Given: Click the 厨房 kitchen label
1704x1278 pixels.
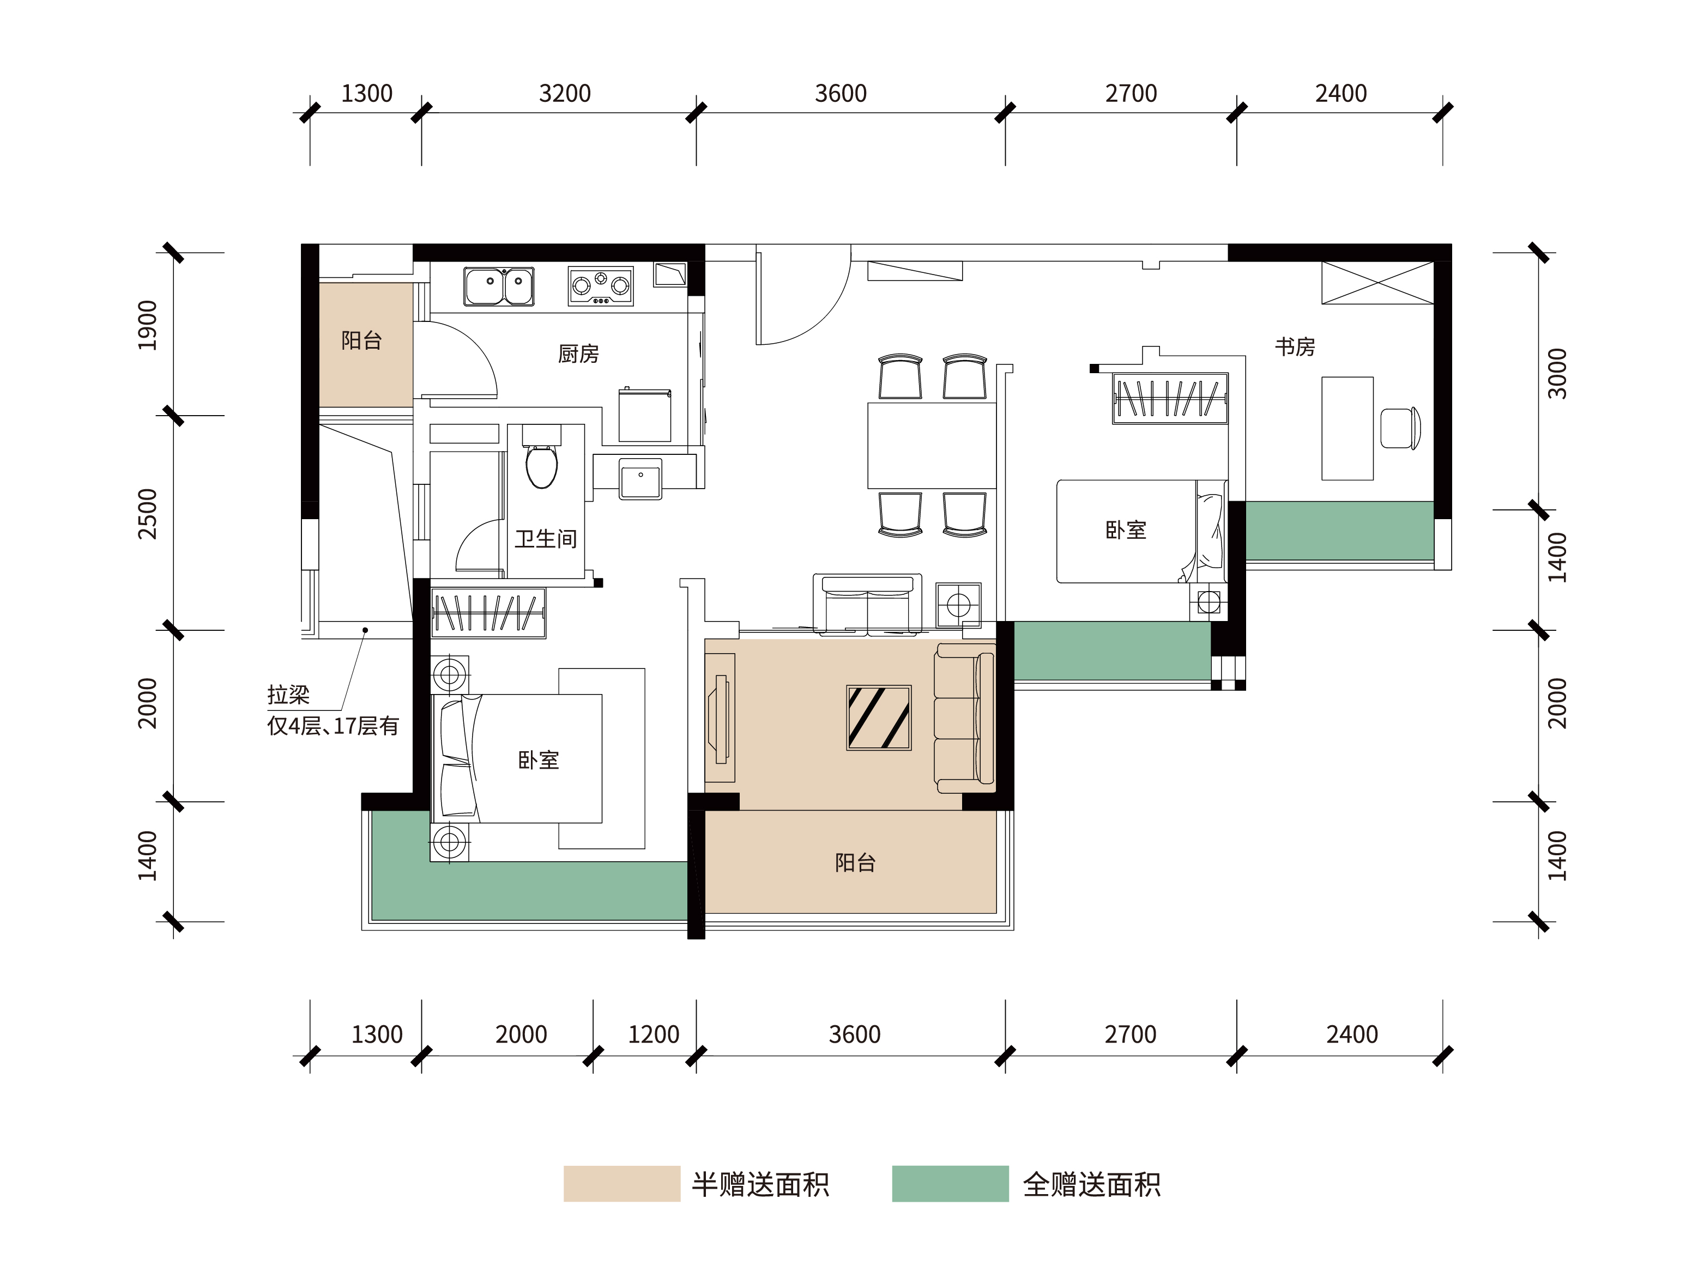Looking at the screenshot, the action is (578, 354).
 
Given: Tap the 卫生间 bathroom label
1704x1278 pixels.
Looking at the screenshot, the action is (546, 538).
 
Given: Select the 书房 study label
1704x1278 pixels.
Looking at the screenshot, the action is (1295, 346).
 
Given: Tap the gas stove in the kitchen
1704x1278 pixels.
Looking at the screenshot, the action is (601, 287).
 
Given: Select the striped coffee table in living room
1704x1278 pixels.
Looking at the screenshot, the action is (879, 717).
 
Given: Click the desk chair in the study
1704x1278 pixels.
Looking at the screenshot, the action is (1400, 428).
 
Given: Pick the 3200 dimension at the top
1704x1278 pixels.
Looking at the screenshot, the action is (565, 93).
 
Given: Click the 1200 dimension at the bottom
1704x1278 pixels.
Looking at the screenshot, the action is (653, 1034).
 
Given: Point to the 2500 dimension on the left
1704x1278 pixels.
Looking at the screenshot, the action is (147, 514).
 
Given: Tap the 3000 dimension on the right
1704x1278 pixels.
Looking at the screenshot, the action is (1557, 373).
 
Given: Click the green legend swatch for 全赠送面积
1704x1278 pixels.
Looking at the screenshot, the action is (950, 1183).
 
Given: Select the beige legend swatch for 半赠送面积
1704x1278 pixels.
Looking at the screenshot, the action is (621, 1183).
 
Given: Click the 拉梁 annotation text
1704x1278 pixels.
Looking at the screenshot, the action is (288, 695).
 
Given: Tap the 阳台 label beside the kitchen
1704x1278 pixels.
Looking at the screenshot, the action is (361, 340).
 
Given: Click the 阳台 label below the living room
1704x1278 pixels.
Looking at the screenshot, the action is (855, 862).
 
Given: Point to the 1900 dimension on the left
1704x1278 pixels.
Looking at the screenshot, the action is (147, 325).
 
